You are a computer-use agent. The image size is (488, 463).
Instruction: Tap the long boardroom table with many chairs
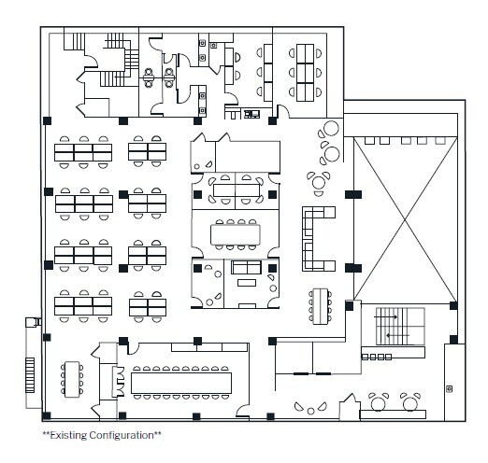click(181, 382)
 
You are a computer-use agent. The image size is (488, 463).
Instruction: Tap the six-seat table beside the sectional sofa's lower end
click(320, 304)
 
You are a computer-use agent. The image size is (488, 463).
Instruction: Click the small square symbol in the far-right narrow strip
click(449, 386)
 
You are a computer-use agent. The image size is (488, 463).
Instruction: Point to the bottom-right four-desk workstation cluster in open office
click(148, 305)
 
